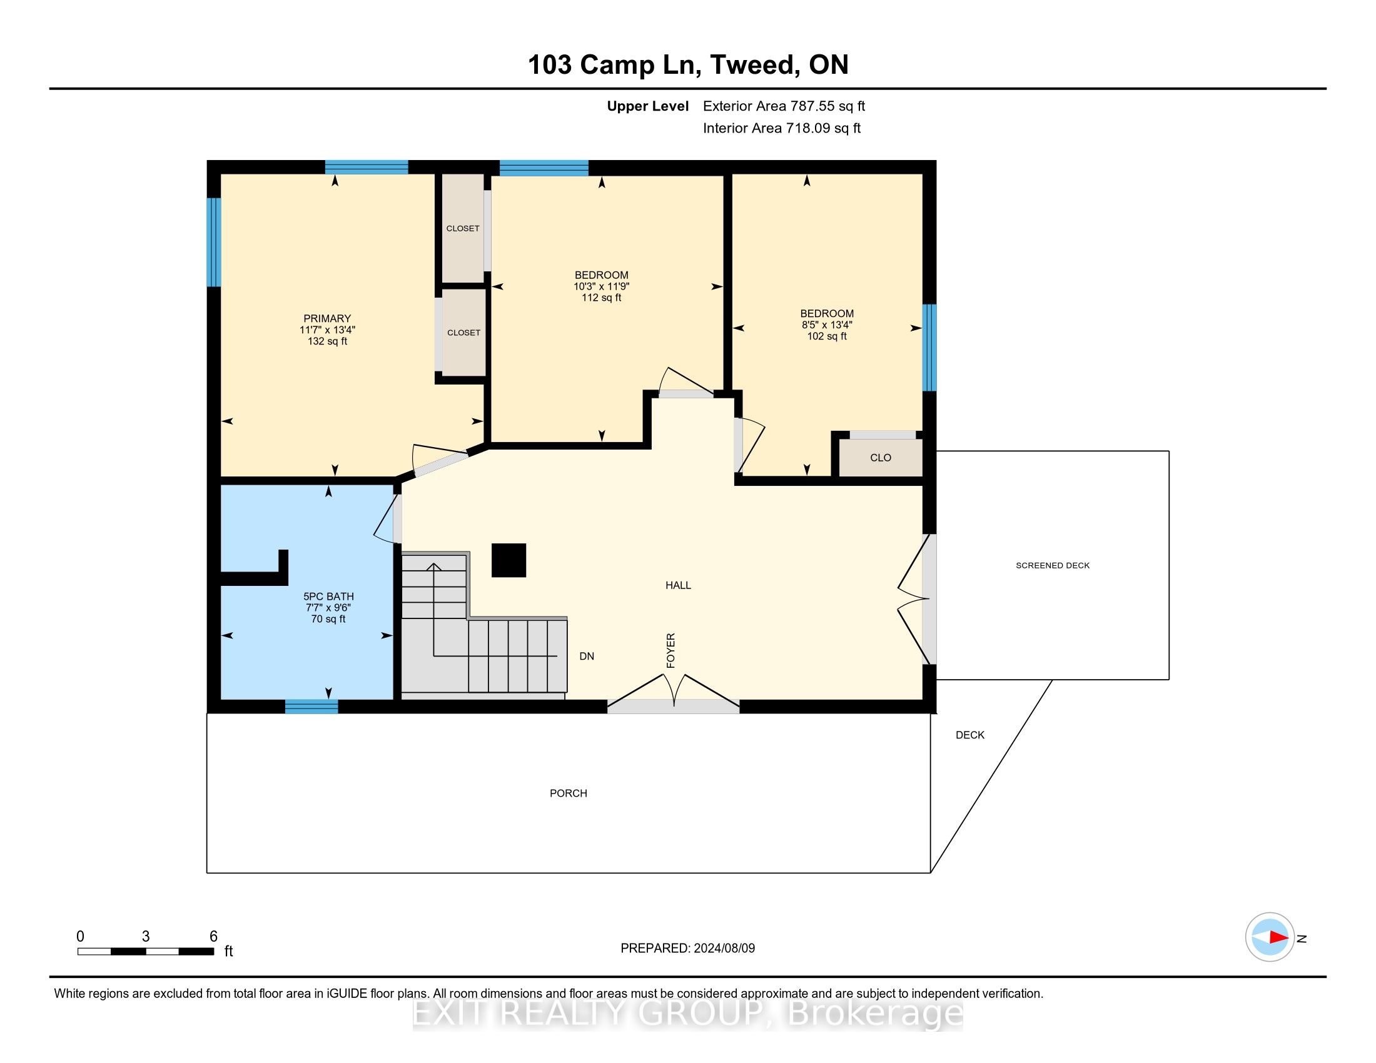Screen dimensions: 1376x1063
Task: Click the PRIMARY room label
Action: [327, 319]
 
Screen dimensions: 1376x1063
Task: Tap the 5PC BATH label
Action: [328, 597]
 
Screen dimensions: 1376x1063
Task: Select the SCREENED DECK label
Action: [1052, 565]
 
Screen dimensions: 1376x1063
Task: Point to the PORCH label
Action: [569, 793]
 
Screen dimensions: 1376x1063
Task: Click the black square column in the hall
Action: [508, 560]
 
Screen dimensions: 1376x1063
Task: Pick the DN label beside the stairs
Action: [587, 656]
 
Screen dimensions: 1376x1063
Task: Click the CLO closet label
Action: [880, 458]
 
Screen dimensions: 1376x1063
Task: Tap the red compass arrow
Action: [1278, 938]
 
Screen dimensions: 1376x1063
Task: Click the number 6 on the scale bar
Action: [213, 937]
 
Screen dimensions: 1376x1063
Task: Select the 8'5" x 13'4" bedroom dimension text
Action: [827, 325]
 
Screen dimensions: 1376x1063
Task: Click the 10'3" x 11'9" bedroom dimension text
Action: [601, 286]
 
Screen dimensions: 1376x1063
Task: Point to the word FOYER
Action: [670, 650]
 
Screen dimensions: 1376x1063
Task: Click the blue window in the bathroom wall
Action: [311, 707]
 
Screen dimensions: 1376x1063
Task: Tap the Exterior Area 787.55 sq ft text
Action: [784, 106]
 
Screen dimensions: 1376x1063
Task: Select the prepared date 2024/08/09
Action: [724, 949]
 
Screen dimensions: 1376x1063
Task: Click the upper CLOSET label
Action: [463, 229]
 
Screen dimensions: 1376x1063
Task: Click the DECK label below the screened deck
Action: [969, 735]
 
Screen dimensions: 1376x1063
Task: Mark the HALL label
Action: [678, 586]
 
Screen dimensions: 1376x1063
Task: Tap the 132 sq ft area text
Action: [327, 341]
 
